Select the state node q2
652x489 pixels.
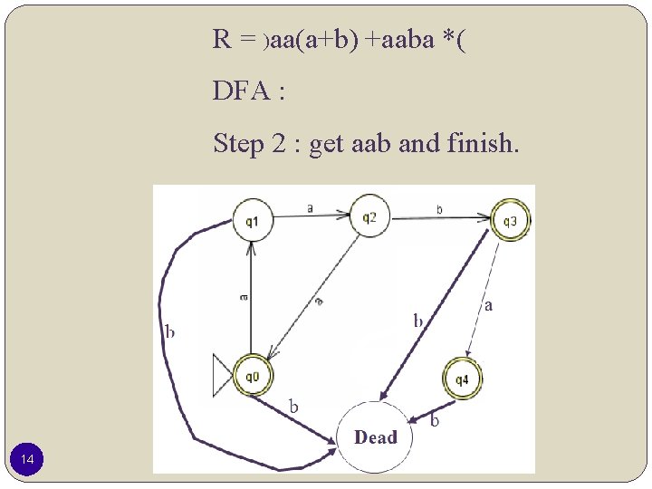(369, 216)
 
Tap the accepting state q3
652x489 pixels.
(510, 220)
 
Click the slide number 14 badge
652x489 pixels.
(28, 462)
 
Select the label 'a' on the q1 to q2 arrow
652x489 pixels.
(311, 207)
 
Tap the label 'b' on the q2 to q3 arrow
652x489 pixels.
(440, 209)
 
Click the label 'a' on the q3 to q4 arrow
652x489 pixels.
(489, 306)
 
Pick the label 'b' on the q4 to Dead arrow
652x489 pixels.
(435, 420)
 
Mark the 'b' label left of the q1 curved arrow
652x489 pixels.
(169, 331)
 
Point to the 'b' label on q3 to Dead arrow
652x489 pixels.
(417, 320)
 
